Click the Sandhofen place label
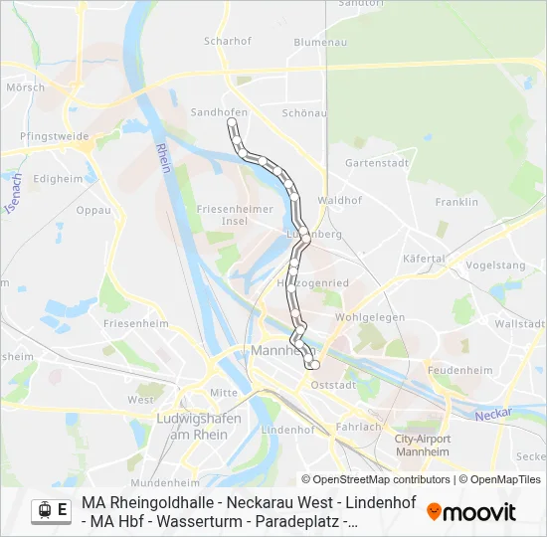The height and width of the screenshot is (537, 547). coord(219,112)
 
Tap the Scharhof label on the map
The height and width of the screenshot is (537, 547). coord(226,41)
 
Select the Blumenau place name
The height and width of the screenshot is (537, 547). coord(319,42)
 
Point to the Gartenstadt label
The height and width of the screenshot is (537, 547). coord(377,162)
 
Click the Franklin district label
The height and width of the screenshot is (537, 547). coord(456,202)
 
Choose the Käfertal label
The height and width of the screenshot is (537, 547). coord(424,259)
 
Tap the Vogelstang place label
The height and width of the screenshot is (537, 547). coord(495,266)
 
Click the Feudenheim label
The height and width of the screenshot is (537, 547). coord(459,370)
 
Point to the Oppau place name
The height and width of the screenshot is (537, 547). coord(93,210)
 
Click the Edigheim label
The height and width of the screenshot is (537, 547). coord(59,179)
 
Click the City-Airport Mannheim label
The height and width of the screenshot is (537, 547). coord(423,445)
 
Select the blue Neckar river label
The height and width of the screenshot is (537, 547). coord(493,412)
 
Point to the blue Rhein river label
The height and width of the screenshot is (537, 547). coord(164,158)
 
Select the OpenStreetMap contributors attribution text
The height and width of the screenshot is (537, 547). coord(378,479)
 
